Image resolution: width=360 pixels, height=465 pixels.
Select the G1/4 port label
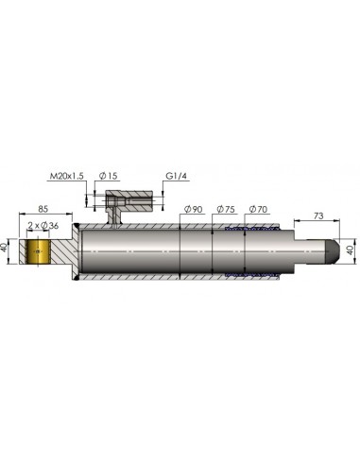coord(177,175)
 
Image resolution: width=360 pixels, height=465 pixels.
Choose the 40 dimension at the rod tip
coord(350,250)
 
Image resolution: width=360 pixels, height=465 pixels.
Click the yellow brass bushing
coord(40,252)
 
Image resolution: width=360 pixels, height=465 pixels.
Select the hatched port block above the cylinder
coord(129,203)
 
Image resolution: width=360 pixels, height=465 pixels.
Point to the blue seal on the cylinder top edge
coord(249,230)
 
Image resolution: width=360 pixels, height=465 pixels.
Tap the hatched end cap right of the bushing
coord(64,252)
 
